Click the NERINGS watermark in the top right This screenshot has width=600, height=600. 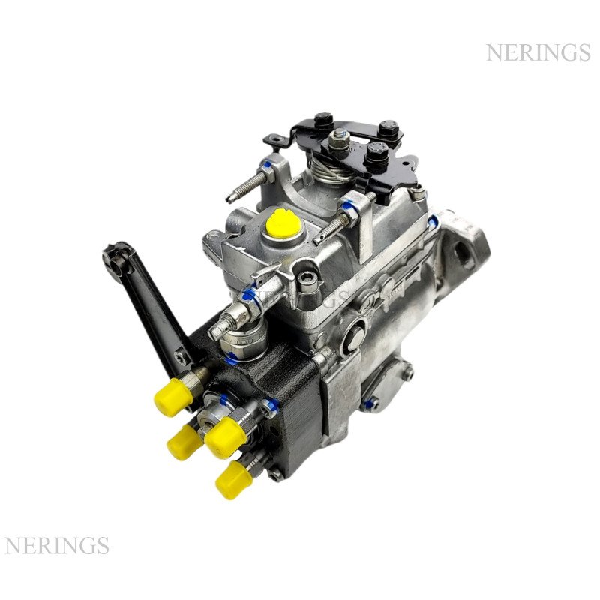click(538, 52)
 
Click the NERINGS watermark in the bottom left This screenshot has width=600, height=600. click(57, 546)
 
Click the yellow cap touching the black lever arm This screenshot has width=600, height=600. click(173, 397)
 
